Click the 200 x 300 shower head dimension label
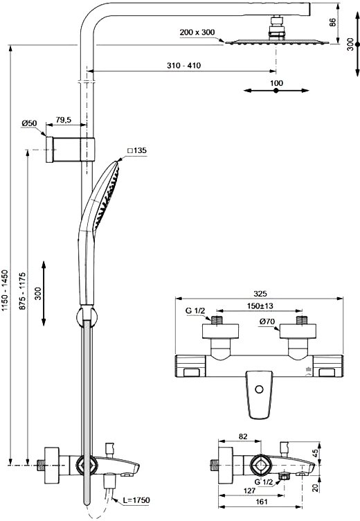pos(197,33)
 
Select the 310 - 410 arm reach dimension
pos(183,65)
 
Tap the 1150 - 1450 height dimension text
pos(5,291)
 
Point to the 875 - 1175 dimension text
pos(22,292)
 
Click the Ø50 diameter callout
pos(29,123)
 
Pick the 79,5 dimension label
pos(64,120)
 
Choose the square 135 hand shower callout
pos(137,150)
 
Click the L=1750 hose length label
pos(136,500)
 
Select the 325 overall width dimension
pos(260,294)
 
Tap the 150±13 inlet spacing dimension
pos(260,306)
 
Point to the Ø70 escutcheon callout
pos(267,321)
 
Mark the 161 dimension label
pos(262,502)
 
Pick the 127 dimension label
pos(249,491)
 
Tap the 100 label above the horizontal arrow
pos(276,82)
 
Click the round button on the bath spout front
pos(260,389)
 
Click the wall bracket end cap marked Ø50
pos(50,149)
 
